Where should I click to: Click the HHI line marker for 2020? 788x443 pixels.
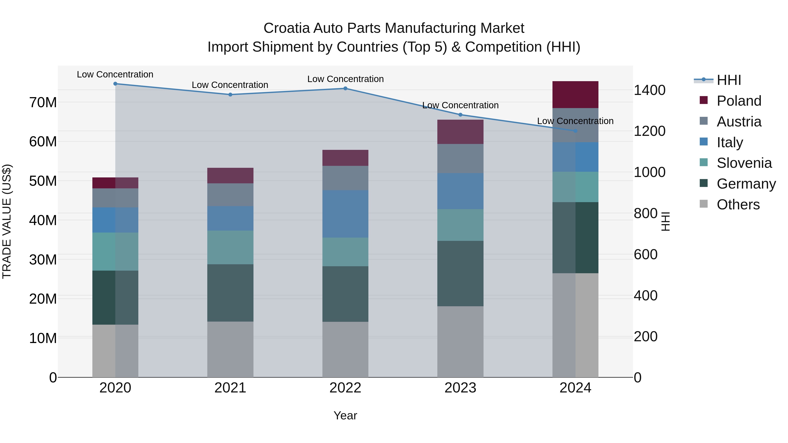point(115,84)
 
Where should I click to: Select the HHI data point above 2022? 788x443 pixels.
point(345,88)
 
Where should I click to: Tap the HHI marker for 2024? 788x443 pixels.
point(575,131)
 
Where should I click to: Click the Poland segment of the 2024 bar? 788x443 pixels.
point(575,95)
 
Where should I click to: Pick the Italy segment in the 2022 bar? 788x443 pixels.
point(345,214)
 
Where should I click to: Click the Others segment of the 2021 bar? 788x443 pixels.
point(230,349)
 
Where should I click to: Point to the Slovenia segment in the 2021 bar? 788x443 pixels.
point(230,247)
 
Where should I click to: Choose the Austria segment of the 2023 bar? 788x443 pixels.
point(460,158)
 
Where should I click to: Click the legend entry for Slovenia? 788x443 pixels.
point(744,163)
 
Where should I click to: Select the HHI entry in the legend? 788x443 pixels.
point(729,80)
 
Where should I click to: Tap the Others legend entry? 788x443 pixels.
point(738,205)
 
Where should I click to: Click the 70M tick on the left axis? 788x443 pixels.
point(43,102)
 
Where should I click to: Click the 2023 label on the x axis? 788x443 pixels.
point(460,388)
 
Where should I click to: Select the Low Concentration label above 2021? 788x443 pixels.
point(230,85)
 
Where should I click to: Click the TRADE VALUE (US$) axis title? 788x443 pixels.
point(7,221)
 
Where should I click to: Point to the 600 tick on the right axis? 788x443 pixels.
point(646,254)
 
